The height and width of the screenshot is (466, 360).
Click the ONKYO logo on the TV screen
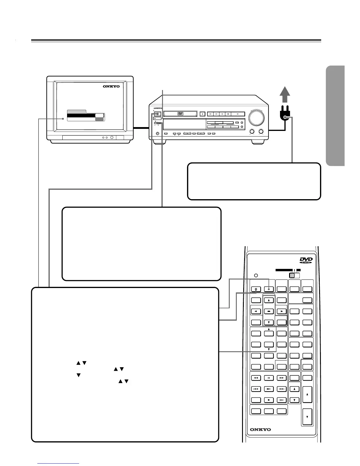click(x=111, y=86)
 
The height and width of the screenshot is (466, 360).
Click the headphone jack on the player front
click(x=157, y=134)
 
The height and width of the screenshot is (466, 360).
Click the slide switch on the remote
click(x=294, y=275)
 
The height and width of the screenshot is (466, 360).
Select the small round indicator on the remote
click(x=256, y=276)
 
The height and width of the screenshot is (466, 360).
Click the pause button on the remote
click(x=269, y=378)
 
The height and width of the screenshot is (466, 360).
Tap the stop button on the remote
click(x=269, y=400)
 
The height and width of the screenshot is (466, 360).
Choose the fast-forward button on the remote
click(x=282, y=378)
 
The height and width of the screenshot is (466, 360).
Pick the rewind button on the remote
click(x=256, y=378)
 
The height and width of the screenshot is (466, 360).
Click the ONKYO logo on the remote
click(x=260, y=430)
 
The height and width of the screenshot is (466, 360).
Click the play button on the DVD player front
click(x=238, y=114)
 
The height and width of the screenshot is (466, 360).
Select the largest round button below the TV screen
click(x=112, y=137)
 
